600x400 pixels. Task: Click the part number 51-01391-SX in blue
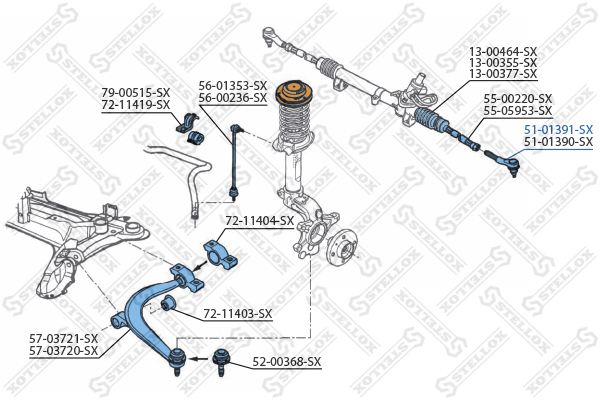click(558, 129)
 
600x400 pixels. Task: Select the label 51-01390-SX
click(558, 142)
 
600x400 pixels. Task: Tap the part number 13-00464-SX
click(503, 51)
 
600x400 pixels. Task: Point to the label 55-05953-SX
click(518, 111)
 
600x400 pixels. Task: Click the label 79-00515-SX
click(135, 93)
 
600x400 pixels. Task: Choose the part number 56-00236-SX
click(233, 98)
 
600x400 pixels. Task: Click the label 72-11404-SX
click(260, 221)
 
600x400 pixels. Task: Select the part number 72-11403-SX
click(238, 314)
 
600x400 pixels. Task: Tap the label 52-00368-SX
click(287, 362)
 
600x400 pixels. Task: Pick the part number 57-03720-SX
click(64, 351)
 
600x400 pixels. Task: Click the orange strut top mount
click(294, 94)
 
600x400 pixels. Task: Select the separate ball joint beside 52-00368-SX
click(220, 362)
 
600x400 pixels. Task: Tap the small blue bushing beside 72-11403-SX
click(168, 303)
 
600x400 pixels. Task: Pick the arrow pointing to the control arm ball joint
click(199, 359)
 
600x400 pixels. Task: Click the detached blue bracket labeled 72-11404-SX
click(220, 254)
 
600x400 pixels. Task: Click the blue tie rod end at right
click(503, 162)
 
